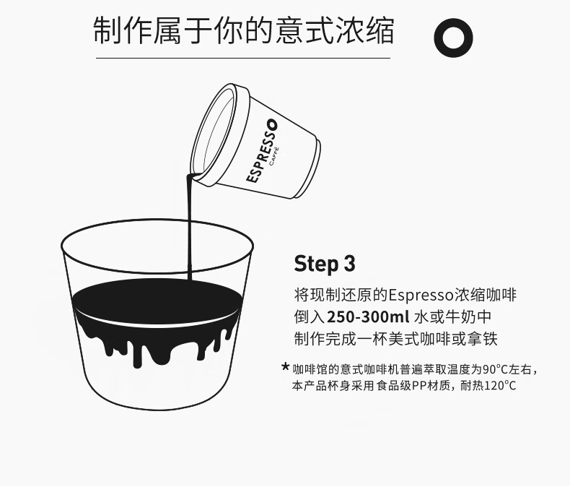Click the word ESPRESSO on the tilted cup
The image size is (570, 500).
click(262, 151)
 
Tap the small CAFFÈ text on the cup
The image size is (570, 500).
click(273, 157)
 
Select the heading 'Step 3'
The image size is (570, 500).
click(324, 263)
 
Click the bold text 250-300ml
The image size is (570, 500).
click(368, 316)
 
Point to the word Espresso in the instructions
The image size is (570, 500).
click(421, 295)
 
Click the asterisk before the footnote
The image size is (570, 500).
click(286, 366)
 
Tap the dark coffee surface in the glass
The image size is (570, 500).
click(157, 299)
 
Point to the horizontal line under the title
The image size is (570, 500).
click(243, 58)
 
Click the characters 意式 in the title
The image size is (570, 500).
click(304, 30)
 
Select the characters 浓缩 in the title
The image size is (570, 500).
click(365, 30)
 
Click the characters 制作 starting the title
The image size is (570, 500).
click(123, 30)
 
